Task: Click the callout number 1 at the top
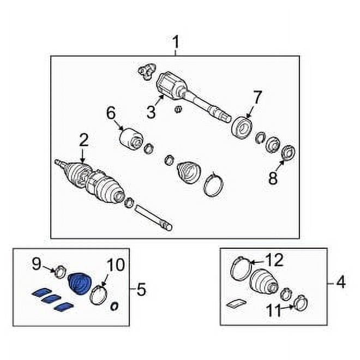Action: (x=176, y=41)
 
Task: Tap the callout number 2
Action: (x=83, y=141)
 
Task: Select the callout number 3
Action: (x=151, y=112)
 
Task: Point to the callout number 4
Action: (x=340, y=283)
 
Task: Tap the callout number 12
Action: (x=274, y=261)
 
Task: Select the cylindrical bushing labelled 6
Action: (x=131, y=137)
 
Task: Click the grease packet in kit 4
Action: (x=236, y=302)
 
